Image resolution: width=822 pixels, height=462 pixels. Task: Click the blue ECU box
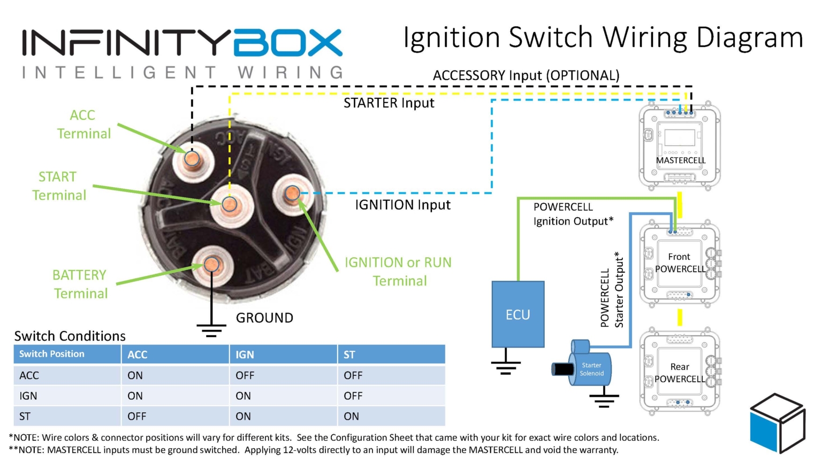(x=517, y=314)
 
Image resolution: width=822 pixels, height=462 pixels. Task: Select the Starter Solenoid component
(x=588, y=366)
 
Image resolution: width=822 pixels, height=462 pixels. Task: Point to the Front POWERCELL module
(x=680, y=263)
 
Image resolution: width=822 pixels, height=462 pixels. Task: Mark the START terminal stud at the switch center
(x=230, y=204)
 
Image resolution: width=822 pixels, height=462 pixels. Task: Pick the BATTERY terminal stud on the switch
(x=212, y=265)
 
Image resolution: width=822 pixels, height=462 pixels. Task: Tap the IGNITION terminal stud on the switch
(x=292, y=193)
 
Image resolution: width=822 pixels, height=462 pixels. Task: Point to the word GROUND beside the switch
(x=264, y=318)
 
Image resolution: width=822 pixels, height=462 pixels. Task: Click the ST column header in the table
(x=349, y=355)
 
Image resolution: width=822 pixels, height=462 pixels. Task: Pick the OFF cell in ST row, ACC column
(x=137, y=416)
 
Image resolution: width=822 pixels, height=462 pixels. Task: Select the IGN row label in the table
(x=28, y=396)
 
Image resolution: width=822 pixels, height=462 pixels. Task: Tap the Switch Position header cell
(x=52, y=354)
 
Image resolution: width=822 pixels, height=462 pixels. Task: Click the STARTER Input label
(x=389, y=103)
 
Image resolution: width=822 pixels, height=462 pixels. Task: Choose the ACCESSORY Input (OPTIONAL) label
(x=526, y=75)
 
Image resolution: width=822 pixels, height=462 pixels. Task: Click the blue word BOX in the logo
(x=288, y=43)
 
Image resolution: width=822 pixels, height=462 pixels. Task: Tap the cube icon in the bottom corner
(x=777, y=422)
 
